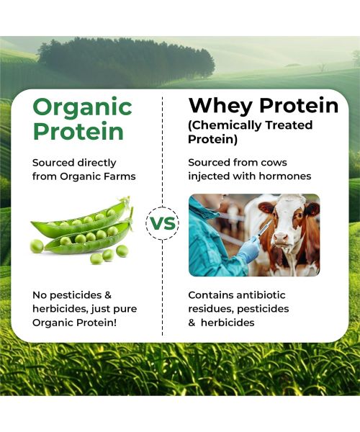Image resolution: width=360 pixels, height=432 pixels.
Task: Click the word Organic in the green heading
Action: tap(82, 108)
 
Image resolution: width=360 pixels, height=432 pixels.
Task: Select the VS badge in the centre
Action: tap(163, 222)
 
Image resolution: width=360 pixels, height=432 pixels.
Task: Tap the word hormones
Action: tap(286, 176)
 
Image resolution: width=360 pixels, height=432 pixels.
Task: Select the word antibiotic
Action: tap(265, 295)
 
